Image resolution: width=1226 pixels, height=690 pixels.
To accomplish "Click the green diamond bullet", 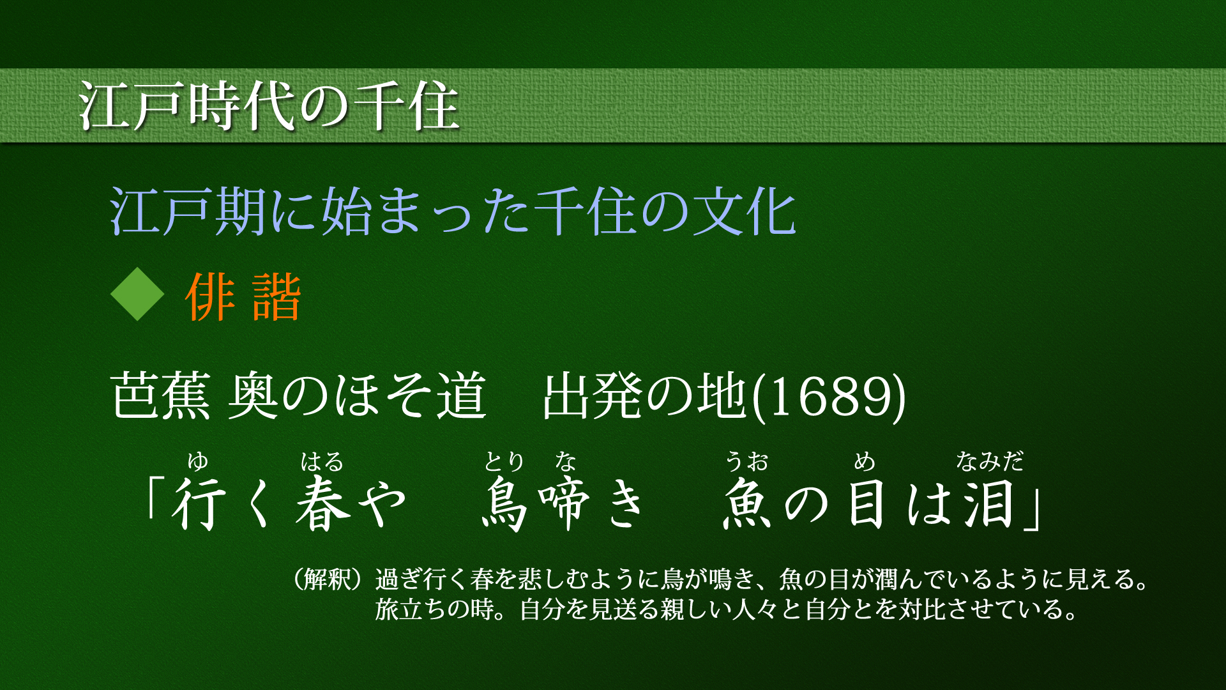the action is (x=137, y=294).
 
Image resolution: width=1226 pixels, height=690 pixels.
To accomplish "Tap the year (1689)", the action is (x=829, y=396).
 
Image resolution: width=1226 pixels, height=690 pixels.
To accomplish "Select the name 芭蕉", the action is (x=160, y=396).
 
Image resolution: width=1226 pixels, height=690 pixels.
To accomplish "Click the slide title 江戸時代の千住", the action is (x=269, y=105).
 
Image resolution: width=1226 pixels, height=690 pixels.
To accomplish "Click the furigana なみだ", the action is (x=990, y=461).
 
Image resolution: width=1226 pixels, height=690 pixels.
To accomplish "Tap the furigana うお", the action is (x=747, y=461).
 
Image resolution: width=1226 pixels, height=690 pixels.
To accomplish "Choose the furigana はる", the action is (x=322, y=461).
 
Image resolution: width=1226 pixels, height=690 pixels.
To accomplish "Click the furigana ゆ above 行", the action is (x=198, y=461).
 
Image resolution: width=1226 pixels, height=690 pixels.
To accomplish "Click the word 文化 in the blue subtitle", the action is (x=745, y=212).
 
